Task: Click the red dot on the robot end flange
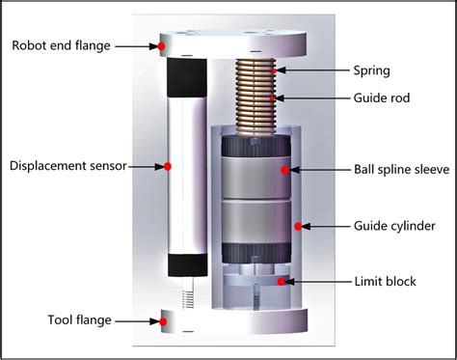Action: click(162, 45)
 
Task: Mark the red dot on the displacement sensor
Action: click(168, 166)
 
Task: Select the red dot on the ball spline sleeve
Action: click(284, 170)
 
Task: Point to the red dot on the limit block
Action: click(281, 282)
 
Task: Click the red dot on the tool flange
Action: click(161, 318)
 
